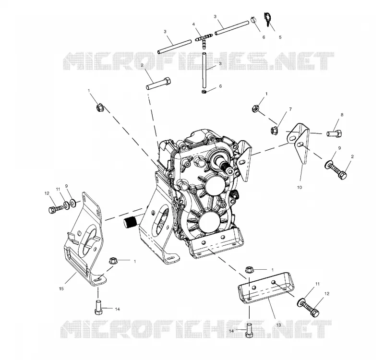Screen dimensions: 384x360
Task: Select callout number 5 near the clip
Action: tap(280, 37)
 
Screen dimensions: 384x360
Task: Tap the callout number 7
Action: tap(290, 109)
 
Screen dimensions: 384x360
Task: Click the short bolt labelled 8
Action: tap(335, 133)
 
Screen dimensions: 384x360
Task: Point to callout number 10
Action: tap(299, 187)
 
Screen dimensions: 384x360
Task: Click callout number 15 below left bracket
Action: tap(61, 289)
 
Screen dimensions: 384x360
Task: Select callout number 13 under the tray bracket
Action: tap(278, 325)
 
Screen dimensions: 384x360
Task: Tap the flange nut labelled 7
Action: tap(274, 130)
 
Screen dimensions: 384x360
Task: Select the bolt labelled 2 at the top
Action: tap(159, 84)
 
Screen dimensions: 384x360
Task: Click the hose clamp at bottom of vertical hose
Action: tap(204, 92)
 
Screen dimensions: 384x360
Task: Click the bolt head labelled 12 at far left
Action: tap(52, 210)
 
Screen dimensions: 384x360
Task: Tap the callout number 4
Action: tap(193, 24)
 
